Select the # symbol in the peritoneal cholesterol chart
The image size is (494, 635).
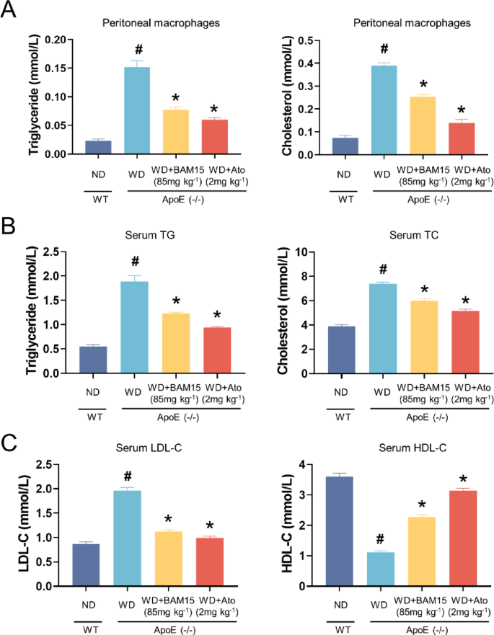[x=384, y=49]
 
